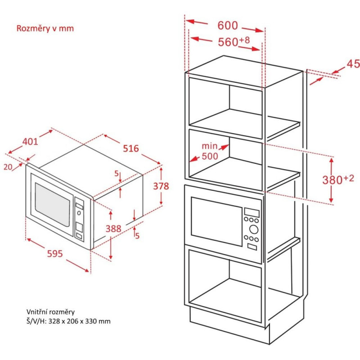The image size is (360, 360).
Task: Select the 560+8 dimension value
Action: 234,42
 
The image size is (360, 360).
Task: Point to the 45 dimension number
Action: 353,64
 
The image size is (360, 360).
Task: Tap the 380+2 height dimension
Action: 338,180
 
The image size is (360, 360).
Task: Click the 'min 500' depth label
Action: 210,151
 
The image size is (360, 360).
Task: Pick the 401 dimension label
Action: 30,141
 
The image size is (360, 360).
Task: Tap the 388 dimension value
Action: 113,229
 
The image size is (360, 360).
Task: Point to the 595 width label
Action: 54,254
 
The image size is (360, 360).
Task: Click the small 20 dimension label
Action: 8,166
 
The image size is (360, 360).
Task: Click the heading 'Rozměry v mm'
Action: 45,28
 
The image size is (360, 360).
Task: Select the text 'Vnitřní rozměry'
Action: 50,311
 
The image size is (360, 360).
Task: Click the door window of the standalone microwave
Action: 53,205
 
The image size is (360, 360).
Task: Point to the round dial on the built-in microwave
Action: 253,229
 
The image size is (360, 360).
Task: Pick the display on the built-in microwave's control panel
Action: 252,211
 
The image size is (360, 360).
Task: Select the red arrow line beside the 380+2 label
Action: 331,180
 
